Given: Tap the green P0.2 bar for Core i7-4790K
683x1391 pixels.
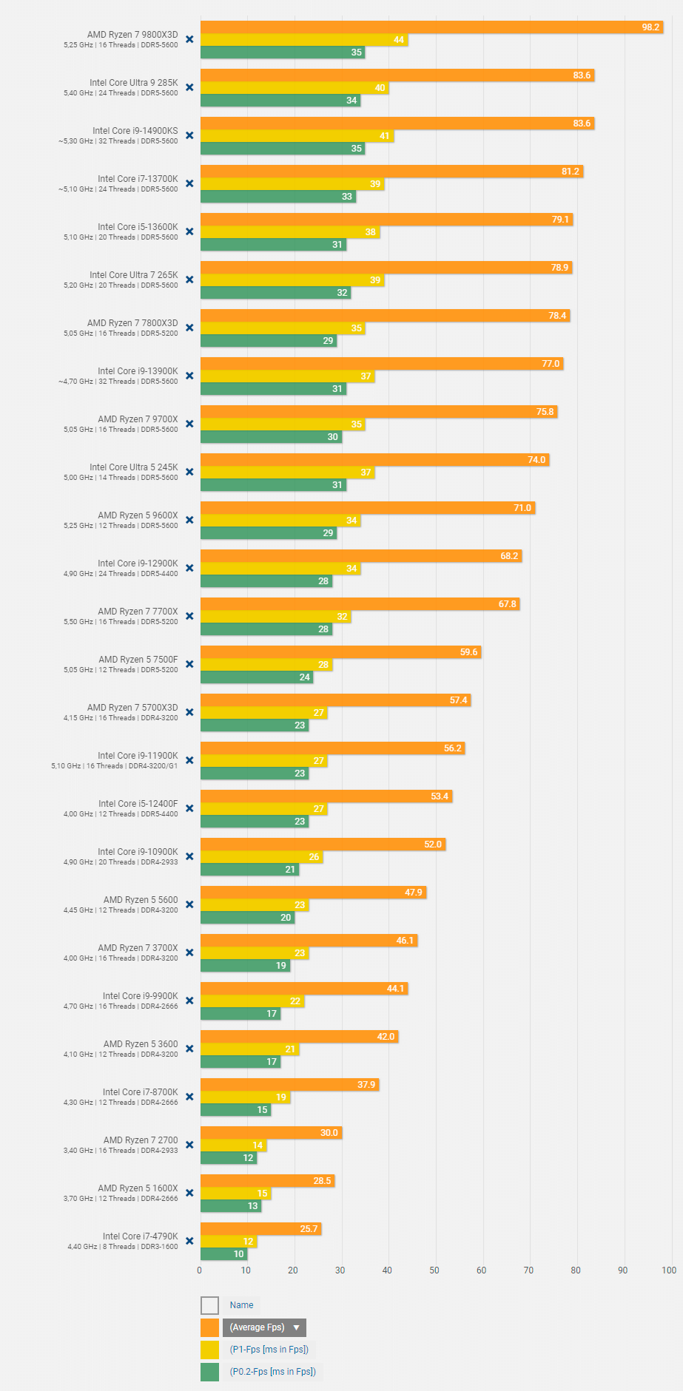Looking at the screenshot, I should pyautogui.click(x=223, y=1253).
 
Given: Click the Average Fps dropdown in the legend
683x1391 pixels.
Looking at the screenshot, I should pyautogui.click(x=264, y=1327).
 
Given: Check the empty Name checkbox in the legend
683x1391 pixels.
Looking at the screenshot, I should pyautogui.click(x=210, y=1305).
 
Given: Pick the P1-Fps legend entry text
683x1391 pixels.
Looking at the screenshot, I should pyautogui.click(x=269, y=1350).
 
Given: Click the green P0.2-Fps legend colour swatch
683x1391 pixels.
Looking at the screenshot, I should pyautogui.click(x=210, y=1372).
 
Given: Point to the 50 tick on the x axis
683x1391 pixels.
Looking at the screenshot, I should pyautogui.click(x=434, y=1270).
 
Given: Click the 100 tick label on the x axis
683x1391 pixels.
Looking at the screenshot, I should pyautogui.click(x=669, y=1270).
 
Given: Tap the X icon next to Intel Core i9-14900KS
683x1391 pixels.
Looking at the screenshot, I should pyautogui.click(x=189, y=135).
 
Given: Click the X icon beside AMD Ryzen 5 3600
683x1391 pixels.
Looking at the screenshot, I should pyautogui.click(x=189, y=1049).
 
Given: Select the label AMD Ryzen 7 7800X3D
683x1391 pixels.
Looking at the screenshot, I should pyautogui.click(x=132, y=323).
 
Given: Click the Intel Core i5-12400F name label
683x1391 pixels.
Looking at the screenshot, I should pyautogui.click(x=138, y=804).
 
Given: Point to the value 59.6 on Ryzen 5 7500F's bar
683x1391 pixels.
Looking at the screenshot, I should pyautogui.click(x=469, y=652).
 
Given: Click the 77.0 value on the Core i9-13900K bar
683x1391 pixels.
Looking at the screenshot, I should pyautogui.click(x=551, y=364).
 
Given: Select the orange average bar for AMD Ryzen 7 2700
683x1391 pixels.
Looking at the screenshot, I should pyautogui.click(x=271, y=1133).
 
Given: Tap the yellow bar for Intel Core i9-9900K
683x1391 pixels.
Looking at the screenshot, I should pyautogui.click(x=252, y=1001).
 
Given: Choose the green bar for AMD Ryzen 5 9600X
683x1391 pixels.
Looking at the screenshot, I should pyautogui.click(x=269, y=532).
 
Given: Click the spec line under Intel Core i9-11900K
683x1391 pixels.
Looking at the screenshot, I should pyautogui.click(x=115, y=766).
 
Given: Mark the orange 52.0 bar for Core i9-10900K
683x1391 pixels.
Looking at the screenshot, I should pyautogui.click(x=323, y=845).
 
